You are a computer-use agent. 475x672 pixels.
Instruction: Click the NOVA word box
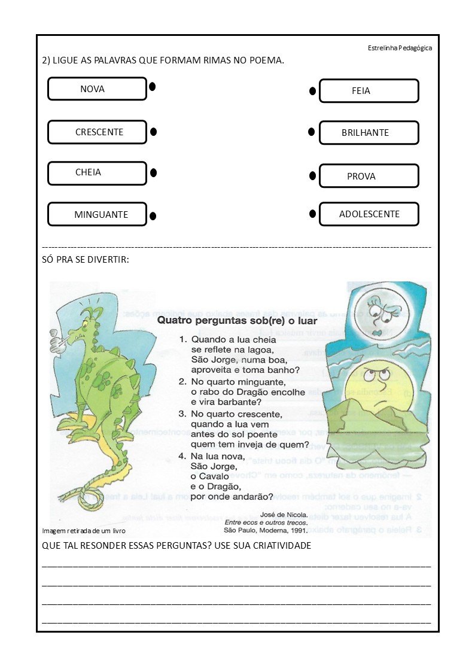pyautogui.click(x=97, y=89)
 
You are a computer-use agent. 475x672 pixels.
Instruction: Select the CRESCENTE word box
pyautogui.click(x=97, y=132)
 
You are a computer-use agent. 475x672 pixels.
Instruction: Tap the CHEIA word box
pyautogui.click(x=97, y=173)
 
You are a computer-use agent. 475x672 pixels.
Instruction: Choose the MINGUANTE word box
pyautogui.click(x=97, y=214)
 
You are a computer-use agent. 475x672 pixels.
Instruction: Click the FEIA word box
pyautogui.click(x=369, y=91)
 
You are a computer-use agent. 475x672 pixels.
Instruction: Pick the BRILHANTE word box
pyautogui.click(x=369, y=133)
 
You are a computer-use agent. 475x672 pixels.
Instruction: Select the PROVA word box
pyautogui.click(x=369, y=176)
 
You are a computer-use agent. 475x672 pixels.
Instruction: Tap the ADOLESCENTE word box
pyautogui.click(x=369, y=214)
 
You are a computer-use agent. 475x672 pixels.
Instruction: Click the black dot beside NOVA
pyautogui.click(x=153, y=87)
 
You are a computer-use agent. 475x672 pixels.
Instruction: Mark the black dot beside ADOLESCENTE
pyautogui.click(x=312, y=213)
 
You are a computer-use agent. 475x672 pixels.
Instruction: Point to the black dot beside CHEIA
pyautogui.click(x=153, y=173)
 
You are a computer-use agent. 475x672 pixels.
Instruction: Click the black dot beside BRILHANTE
pyautogui.click(x=311, y=132)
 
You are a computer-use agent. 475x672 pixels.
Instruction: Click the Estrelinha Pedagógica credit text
pyautogui.click(x=400, y=48)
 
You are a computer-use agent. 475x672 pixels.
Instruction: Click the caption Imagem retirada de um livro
pyautogui.click(x=84, y=531)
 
